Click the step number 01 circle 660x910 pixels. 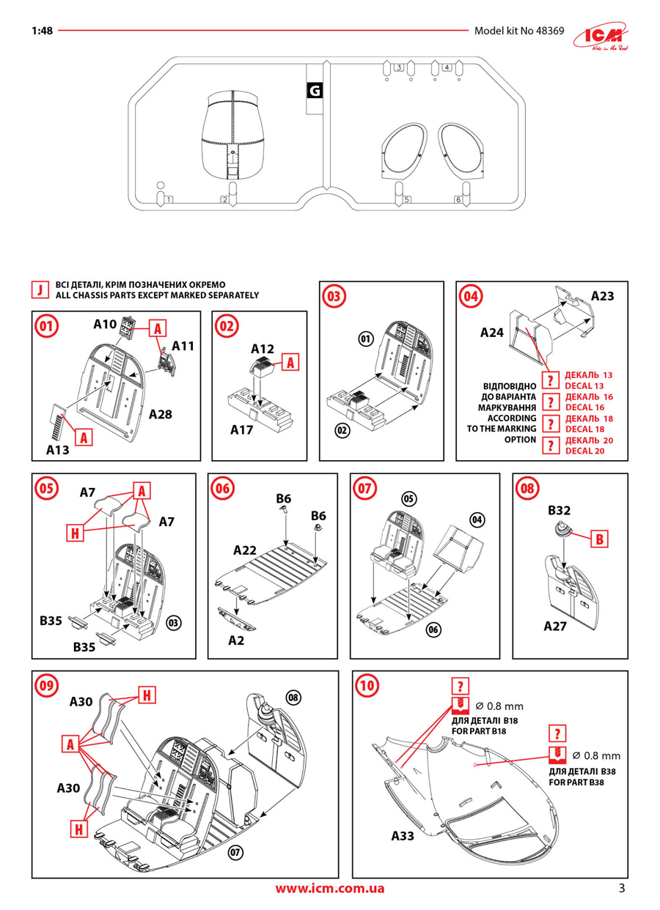(x=46, y=326)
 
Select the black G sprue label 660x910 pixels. (x=314, y=91)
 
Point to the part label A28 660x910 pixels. (x=160, y=415)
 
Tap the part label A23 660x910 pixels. (x=602, y=296)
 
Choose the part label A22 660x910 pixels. (x=245, y=550)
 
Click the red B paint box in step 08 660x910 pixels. (x=599, y=539)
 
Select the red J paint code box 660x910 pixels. (x=40, y=290)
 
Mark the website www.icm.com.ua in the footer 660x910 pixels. (x=329, y=889)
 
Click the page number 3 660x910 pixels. (x=622, y=889)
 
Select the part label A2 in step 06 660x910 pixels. (x=236, y=640)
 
